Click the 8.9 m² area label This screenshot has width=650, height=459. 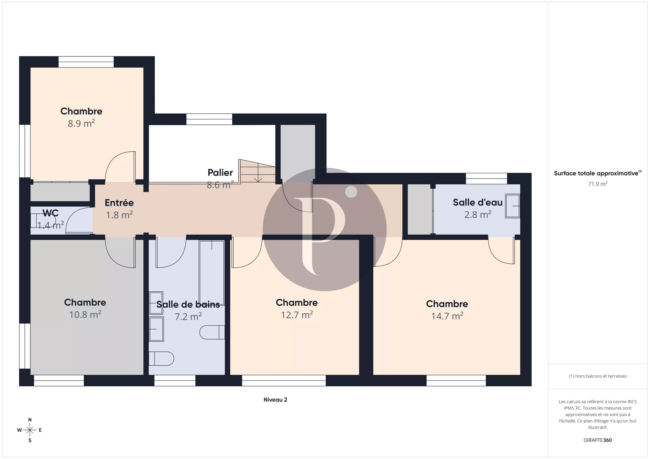click(x=81, y=124)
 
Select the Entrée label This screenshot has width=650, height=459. click(x=119, y=203)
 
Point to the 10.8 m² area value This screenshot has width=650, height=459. click(x=85, y=315)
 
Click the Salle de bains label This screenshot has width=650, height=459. click(x=188, y=305)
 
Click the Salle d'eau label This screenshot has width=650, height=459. click(x=478, y=203)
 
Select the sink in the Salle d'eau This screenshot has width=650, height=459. click(x=513, y=206)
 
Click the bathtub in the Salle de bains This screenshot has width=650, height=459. click(x=212, y=272)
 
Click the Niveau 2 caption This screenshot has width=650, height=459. click(x=275, y=400)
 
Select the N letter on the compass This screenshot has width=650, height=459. click(x=30, y=420)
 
